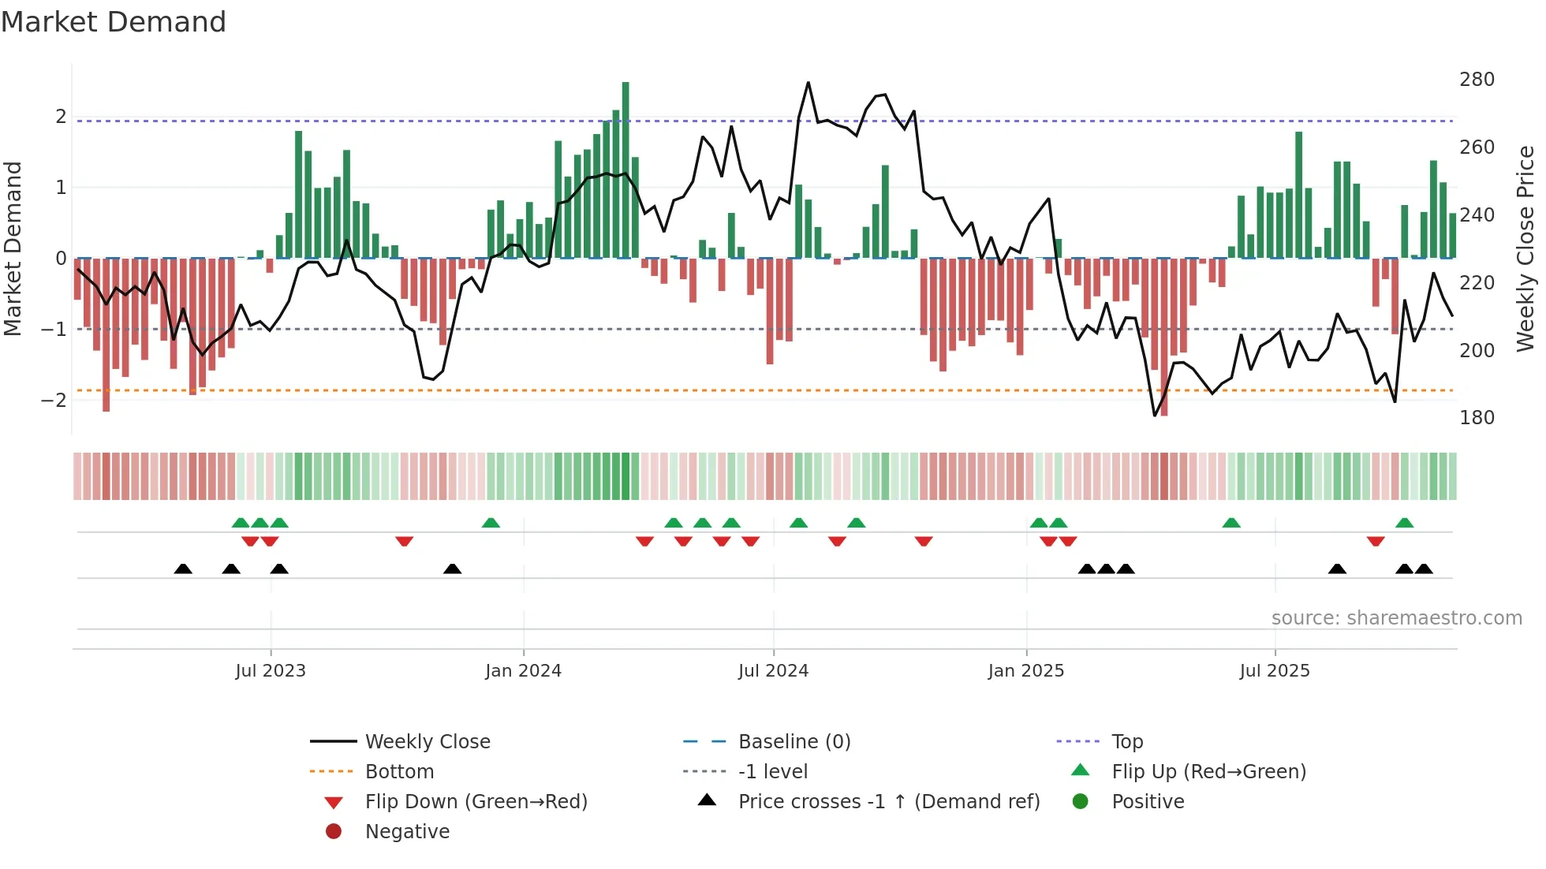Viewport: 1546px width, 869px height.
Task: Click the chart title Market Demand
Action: click(114, 21)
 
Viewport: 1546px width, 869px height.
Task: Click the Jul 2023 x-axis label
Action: click(270, 671)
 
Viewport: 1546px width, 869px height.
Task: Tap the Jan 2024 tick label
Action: click(523, 671)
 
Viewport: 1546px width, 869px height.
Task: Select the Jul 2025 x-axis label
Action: click(1274, 671)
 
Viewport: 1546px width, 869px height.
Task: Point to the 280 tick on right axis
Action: click(1477, 80)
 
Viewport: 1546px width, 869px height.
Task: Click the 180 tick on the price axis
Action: click(1477, 418)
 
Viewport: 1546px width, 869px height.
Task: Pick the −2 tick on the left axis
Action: click(54, 400)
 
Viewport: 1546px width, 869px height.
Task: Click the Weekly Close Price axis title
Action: click(1525, 248)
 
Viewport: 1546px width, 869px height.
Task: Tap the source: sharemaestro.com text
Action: click(1396, 618)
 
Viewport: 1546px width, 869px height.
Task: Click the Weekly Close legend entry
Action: click(427, 742)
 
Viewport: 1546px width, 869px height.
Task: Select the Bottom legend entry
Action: click(399, 772)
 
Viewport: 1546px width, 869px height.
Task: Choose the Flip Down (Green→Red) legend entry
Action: click(476, 802)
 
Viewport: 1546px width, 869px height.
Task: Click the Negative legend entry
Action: click(407, 832)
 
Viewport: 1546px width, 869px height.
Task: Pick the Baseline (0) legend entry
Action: click(794, 742)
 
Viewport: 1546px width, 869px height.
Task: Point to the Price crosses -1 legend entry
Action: click(888, 802)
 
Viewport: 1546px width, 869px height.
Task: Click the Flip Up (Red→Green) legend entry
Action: click(1208, 772)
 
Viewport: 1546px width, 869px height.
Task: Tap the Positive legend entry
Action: click(1148, 802)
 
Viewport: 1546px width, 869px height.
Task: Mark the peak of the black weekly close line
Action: click(808, 83)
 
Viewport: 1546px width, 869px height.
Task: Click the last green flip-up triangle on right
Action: click(1404, 523)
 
